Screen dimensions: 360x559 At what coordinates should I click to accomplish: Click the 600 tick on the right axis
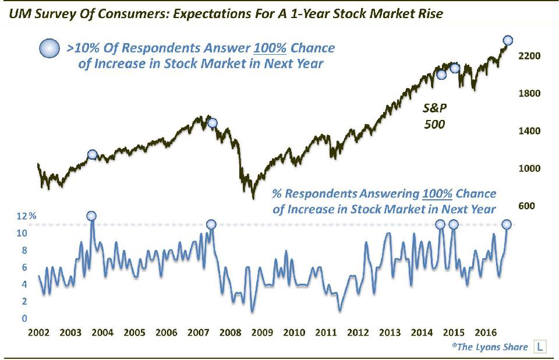(x=526, y=206)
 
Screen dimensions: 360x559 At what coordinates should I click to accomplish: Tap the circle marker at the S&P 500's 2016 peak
(x=508, y=40)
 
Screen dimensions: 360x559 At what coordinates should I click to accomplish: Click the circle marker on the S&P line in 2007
(x=212, y=123)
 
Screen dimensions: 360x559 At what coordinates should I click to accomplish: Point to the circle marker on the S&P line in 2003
(x=92, y=154)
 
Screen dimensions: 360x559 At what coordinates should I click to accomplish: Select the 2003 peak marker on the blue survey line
(x=91, y=216)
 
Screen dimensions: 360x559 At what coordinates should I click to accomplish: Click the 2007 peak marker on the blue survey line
(x=211, y=224)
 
